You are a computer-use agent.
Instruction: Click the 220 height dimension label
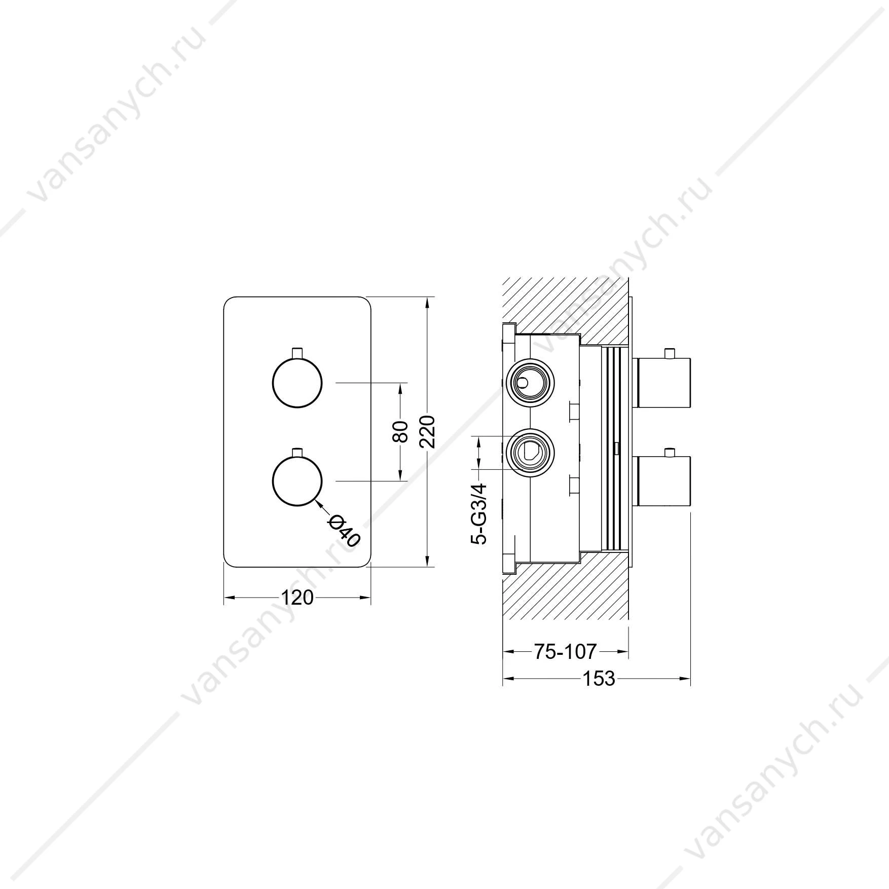click(428, 431)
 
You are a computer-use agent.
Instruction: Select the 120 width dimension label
click(298, 598)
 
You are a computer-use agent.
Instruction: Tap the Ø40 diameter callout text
click(344, 531)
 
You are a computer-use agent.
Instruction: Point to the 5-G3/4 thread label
click(479, 513)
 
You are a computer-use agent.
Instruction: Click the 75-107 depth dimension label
click(565, 651)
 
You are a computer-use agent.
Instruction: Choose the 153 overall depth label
click(598, 678)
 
